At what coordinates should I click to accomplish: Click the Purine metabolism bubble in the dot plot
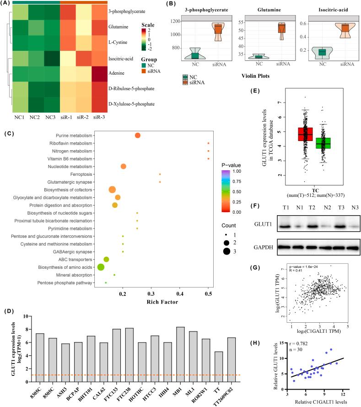[138, 135]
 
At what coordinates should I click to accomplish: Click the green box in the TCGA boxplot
[324, 142]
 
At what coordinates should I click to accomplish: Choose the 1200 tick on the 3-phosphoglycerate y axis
[174, 21]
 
